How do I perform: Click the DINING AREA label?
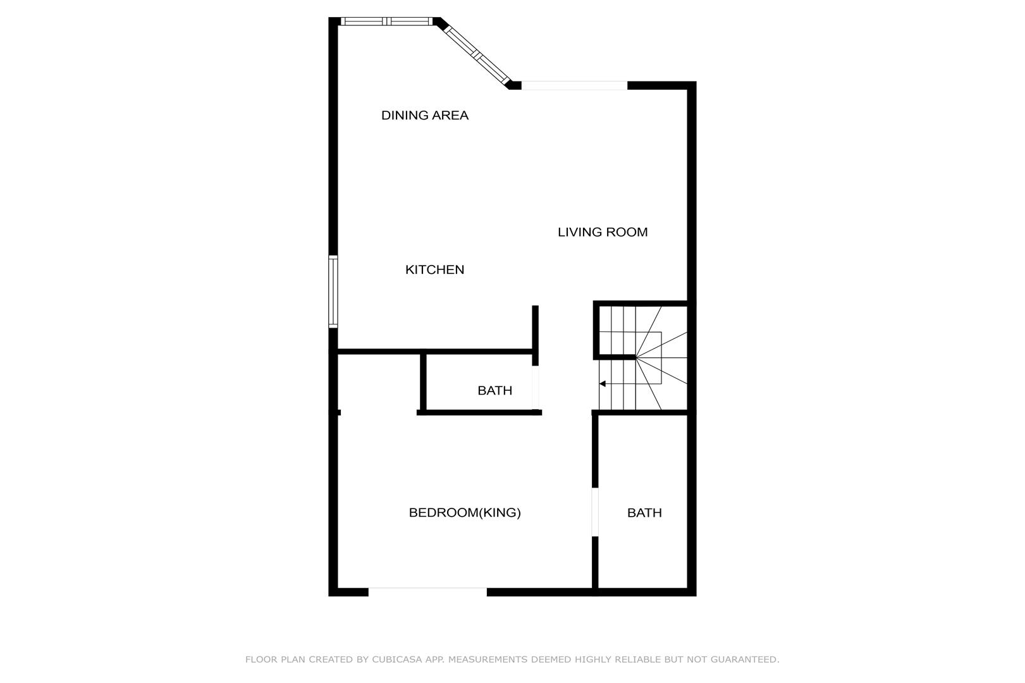tap(425, 115)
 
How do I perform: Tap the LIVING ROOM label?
tap(603, 232)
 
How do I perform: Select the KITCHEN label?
tap(434, 269)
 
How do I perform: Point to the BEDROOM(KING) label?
tap(465, 513)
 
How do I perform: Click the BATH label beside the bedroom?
tap(644, 513)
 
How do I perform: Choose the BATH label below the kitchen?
tap(494, 390)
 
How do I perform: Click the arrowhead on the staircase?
tap(602, 384)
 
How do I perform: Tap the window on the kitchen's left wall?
tap(333, 292)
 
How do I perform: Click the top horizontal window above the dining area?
tap(386, 21)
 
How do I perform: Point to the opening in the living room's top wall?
tap(574, 85)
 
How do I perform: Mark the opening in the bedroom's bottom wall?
tap(427, 592)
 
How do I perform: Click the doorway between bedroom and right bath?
tap(595, 512)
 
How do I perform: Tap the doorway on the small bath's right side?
tap(535, 387)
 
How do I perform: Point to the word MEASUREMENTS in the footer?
tap(488, 660)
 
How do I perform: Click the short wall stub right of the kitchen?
tap(535, 335)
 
